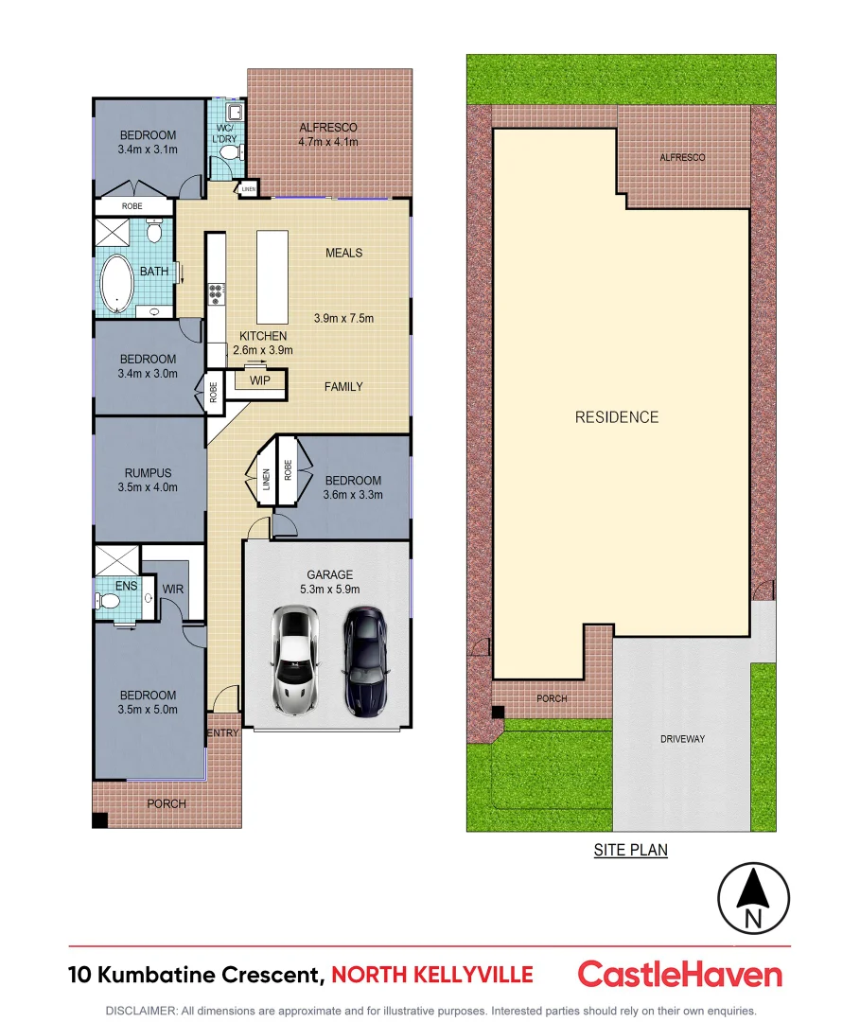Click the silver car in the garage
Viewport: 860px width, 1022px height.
click(x=294, y=660)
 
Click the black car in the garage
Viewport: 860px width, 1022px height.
click(x=364, y=660)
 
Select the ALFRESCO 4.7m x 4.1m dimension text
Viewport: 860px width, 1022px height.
click(x=328, y=142)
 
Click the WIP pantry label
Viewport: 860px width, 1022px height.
click(x=260, y=380)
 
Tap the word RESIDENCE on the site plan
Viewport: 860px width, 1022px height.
click(x=617, y=417)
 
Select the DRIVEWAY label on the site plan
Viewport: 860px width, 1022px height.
click(x=682, y=739)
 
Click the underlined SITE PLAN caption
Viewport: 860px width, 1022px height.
click(x=630, y=850)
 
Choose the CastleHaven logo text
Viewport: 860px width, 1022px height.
click(x=679, y=975)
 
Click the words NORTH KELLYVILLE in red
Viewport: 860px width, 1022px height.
click(x=432, y=975)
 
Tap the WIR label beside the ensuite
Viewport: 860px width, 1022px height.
click(x=172, y=589)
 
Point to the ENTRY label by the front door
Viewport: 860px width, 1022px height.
click(x=223, y=732)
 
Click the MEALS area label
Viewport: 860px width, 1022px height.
click(x=343, y=253)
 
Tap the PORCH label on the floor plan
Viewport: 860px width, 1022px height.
click(x=166, y=803)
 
